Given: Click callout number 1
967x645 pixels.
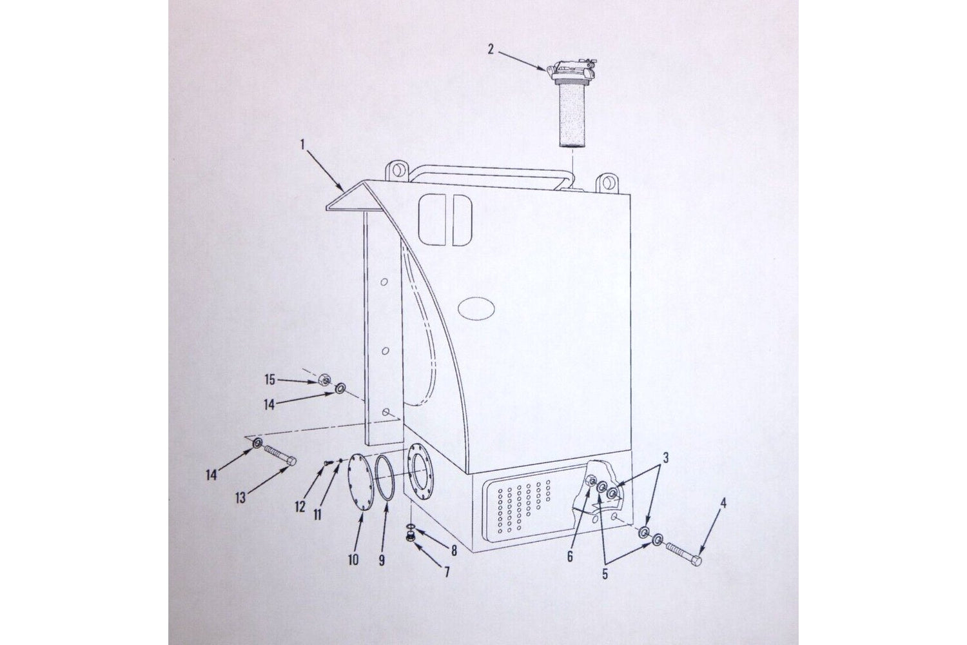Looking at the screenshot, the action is click(302, 144).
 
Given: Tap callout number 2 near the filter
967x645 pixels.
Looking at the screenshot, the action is click(491, 49).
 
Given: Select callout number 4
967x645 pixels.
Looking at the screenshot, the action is click(724, 503).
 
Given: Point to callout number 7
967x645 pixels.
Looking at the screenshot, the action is click(447, 572).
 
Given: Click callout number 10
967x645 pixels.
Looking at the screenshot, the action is click(353, 560).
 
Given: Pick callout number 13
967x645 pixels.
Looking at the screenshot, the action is click(240, 498).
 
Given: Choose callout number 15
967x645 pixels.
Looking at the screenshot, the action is click(269, 380).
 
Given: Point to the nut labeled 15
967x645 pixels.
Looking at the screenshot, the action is click(324, 380).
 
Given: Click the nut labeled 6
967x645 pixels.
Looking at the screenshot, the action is click(592, 482).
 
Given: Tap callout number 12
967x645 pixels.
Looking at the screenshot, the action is click(300, 506).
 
